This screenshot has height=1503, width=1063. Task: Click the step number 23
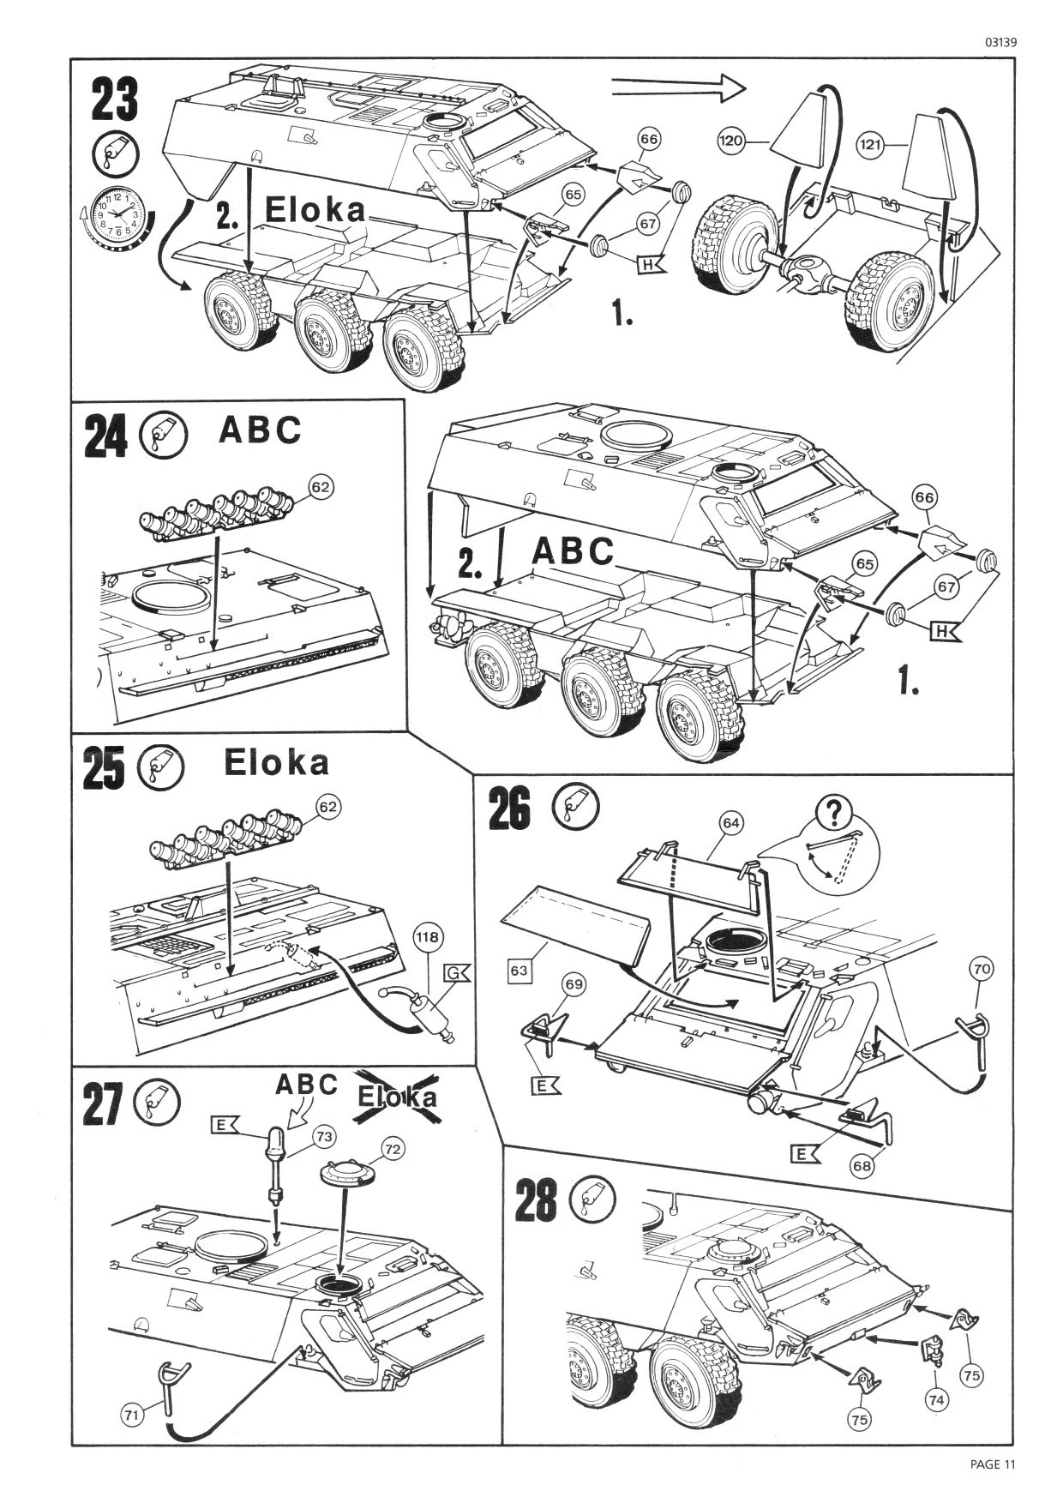[x=114, y=99]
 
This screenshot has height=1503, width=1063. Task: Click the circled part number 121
[x=870, y=145]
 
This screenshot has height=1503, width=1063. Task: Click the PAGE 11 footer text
[x=993, y=1464]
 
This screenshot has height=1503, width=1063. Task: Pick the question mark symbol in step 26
[x=831, y=812]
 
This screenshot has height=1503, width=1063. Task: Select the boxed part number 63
[x=520, y=971]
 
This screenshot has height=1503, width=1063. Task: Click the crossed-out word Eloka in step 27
[x=397, y=1097]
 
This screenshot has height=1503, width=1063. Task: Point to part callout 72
[x=393, y=1149]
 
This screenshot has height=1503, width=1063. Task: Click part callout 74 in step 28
[x=937, y=1399]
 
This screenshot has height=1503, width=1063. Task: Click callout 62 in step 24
[x=320, y=487]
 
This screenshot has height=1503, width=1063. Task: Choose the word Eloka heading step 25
[x=276, y=762]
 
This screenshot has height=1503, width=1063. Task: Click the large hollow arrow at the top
[x=679, y=85]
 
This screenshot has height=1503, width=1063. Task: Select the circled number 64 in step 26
[x=730, y=823]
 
